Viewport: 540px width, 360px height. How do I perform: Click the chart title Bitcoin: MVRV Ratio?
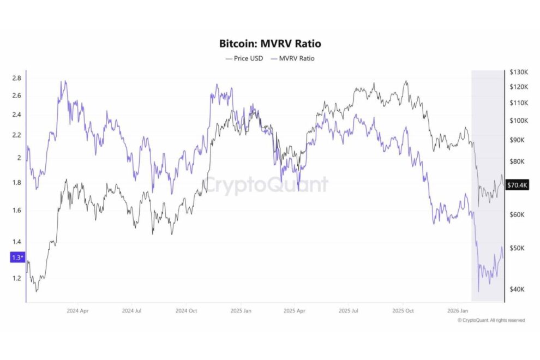tap(269, 44)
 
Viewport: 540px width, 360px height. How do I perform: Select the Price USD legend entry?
tap(245, 58)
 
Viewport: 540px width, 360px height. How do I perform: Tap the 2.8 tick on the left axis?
tap(16, 79)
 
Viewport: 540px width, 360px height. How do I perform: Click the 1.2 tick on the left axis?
tap(16, 278)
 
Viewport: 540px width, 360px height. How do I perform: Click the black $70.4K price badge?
tap(517, 185)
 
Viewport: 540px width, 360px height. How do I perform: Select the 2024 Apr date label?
tap(77, 311)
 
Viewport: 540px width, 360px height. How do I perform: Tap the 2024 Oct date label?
tap(186, 311)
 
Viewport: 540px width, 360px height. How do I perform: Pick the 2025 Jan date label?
tap(240, 311)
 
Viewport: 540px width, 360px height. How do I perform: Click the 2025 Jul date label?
tap(349, 311)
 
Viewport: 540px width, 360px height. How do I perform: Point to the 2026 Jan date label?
tap(457, 311)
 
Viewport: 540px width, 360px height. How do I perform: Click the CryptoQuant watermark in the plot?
tap(266, 185)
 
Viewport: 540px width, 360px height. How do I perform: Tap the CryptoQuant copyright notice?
tap(491, 320)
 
